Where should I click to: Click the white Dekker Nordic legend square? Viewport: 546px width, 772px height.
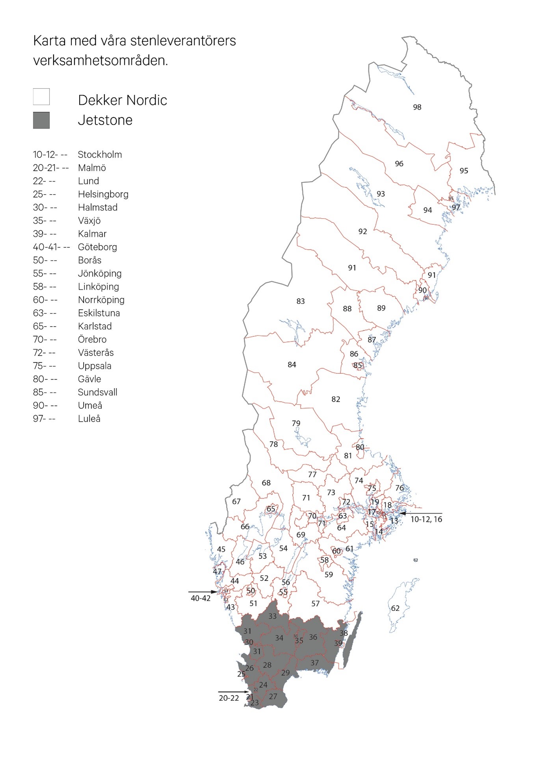point(41,97)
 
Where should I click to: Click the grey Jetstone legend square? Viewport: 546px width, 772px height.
point(41,120)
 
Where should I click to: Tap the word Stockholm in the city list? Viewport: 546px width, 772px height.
point(100,154)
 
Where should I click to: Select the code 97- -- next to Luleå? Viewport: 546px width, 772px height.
point(44,419)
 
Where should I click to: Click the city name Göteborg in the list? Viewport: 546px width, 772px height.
point(97,247)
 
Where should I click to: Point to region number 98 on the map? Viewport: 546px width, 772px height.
point(417,107)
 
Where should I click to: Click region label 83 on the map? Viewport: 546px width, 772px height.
point(301,301)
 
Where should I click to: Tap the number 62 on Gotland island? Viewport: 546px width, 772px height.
point(395,608)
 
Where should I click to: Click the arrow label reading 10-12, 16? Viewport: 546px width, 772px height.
point(426,519)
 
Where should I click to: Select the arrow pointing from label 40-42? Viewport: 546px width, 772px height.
point(202,592)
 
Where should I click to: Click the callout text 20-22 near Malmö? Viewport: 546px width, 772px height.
point(229,698)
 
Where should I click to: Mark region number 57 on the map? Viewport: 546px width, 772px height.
point(316,604)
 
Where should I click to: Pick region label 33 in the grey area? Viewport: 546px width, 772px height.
point(273,616)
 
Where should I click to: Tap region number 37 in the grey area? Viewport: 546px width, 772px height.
point(314,663)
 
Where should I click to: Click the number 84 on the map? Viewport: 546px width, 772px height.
point(292,365)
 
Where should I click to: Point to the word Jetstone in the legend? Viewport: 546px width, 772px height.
point(105,120)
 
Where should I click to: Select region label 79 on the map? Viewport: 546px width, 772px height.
point(296,423)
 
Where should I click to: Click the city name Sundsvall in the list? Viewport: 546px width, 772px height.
point(97,392)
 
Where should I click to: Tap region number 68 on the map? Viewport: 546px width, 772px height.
point(266,483)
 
